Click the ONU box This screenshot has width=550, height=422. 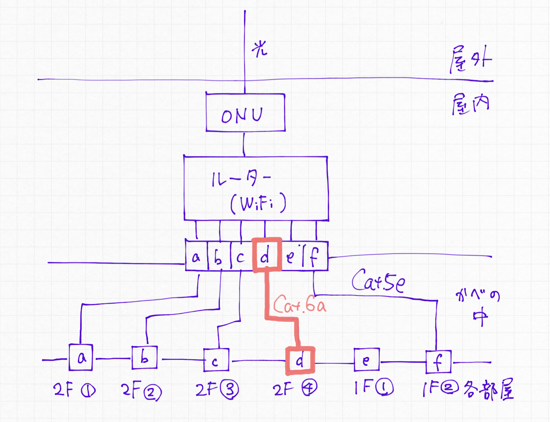pos(245,113)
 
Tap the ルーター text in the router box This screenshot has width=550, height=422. pos(241,179)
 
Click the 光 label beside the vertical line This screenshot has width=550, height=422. pos(259,49)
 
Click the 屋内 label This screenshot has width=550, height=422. pos(470,104)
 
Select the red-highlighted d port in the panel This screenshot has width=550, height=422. pos(267,255)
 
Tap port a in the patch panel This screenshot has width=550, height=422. pos(196,257)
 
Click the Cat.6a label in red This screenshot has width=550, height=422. pos(300,305)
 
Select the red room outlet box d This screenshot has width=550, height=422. pos(300,361)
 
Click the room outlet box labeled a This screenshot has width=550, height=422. pos(81,358)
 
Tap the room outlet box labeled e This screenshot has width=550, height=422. pos(367,360)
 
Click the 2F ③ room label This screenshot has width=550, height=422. pos(217,389)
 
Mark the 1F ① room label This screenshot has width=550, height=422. pos(373,387)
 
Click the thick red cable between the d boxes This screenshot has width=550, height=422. pos(267,297)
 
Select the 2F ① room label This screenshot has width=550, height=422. pos(74,390)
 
